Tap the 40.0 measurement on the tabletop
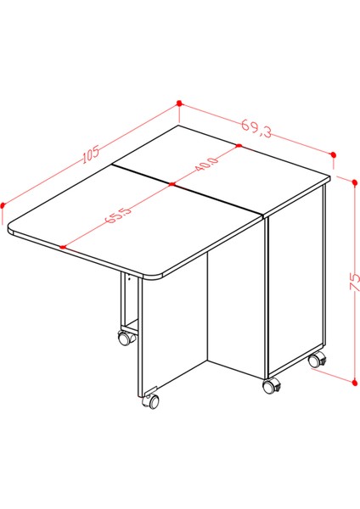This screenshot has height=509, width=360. (206, 164)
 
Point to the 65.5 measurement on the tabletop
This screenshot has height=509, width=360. (118, 215)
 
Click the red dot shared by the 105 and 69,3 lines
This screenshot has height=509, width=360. (179, 103)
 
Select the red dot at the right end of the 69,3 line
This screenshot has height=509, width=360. (333, 154)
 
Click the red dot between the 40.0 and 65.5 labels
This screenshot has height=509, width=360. (171, 183)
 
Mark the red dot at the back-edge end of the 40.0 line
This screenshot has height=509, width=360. (240, 146)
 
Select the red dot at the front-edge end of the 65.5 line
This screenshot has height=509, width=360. (64, 246)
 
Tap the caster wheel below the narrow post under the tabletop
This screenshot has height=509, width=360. (124, 338)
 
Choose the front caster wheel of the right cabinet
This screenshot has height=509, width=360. (271, 386)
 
